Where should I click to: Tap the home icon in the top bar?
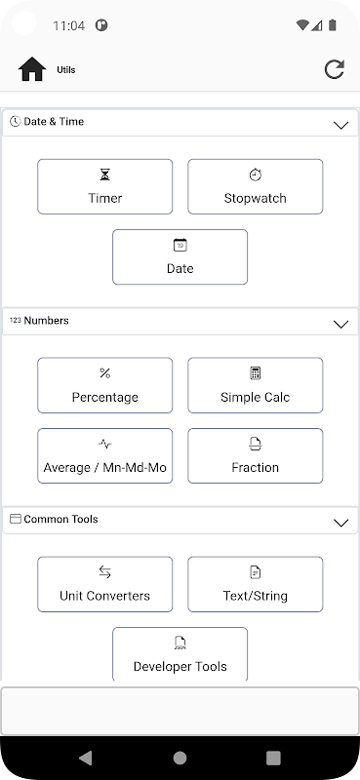[x=32, y=69]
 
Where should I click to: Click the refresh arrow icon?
[x=334, y=69]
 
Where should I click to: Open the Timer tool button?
[x=105, y=186]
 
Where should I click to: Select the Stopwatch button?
[x=256, y=186]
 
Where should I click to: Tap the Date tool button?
[x=180, y=256]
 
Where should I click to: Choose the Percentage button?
[x=105, y=385]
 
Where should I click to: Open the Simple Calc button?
[x=256, y=385]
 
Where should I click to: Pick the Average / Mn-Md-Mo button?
[x=105, y=455]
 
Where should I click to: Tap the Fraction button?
[x=256, y=455]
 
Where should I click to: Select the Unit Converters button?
[x=105, y=584]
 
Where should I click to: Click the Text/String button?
[x=256, y=584]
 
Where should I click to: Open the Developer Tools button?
[x=180, y=654]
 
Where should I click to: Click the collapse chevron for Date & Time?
[x=341, y=126]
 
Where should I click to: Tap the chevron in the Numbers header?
[x=341, y=325]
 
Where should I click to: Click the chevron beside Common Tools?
[x=341, y=523]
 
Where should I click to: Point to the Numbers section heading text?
[x=46, y=321]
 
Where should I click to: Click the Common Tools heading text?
[x=60, y=519]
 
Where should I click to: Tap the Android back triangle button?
[x=86, y=758]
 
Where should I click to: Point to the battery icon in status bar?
[x=333, y=25]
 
